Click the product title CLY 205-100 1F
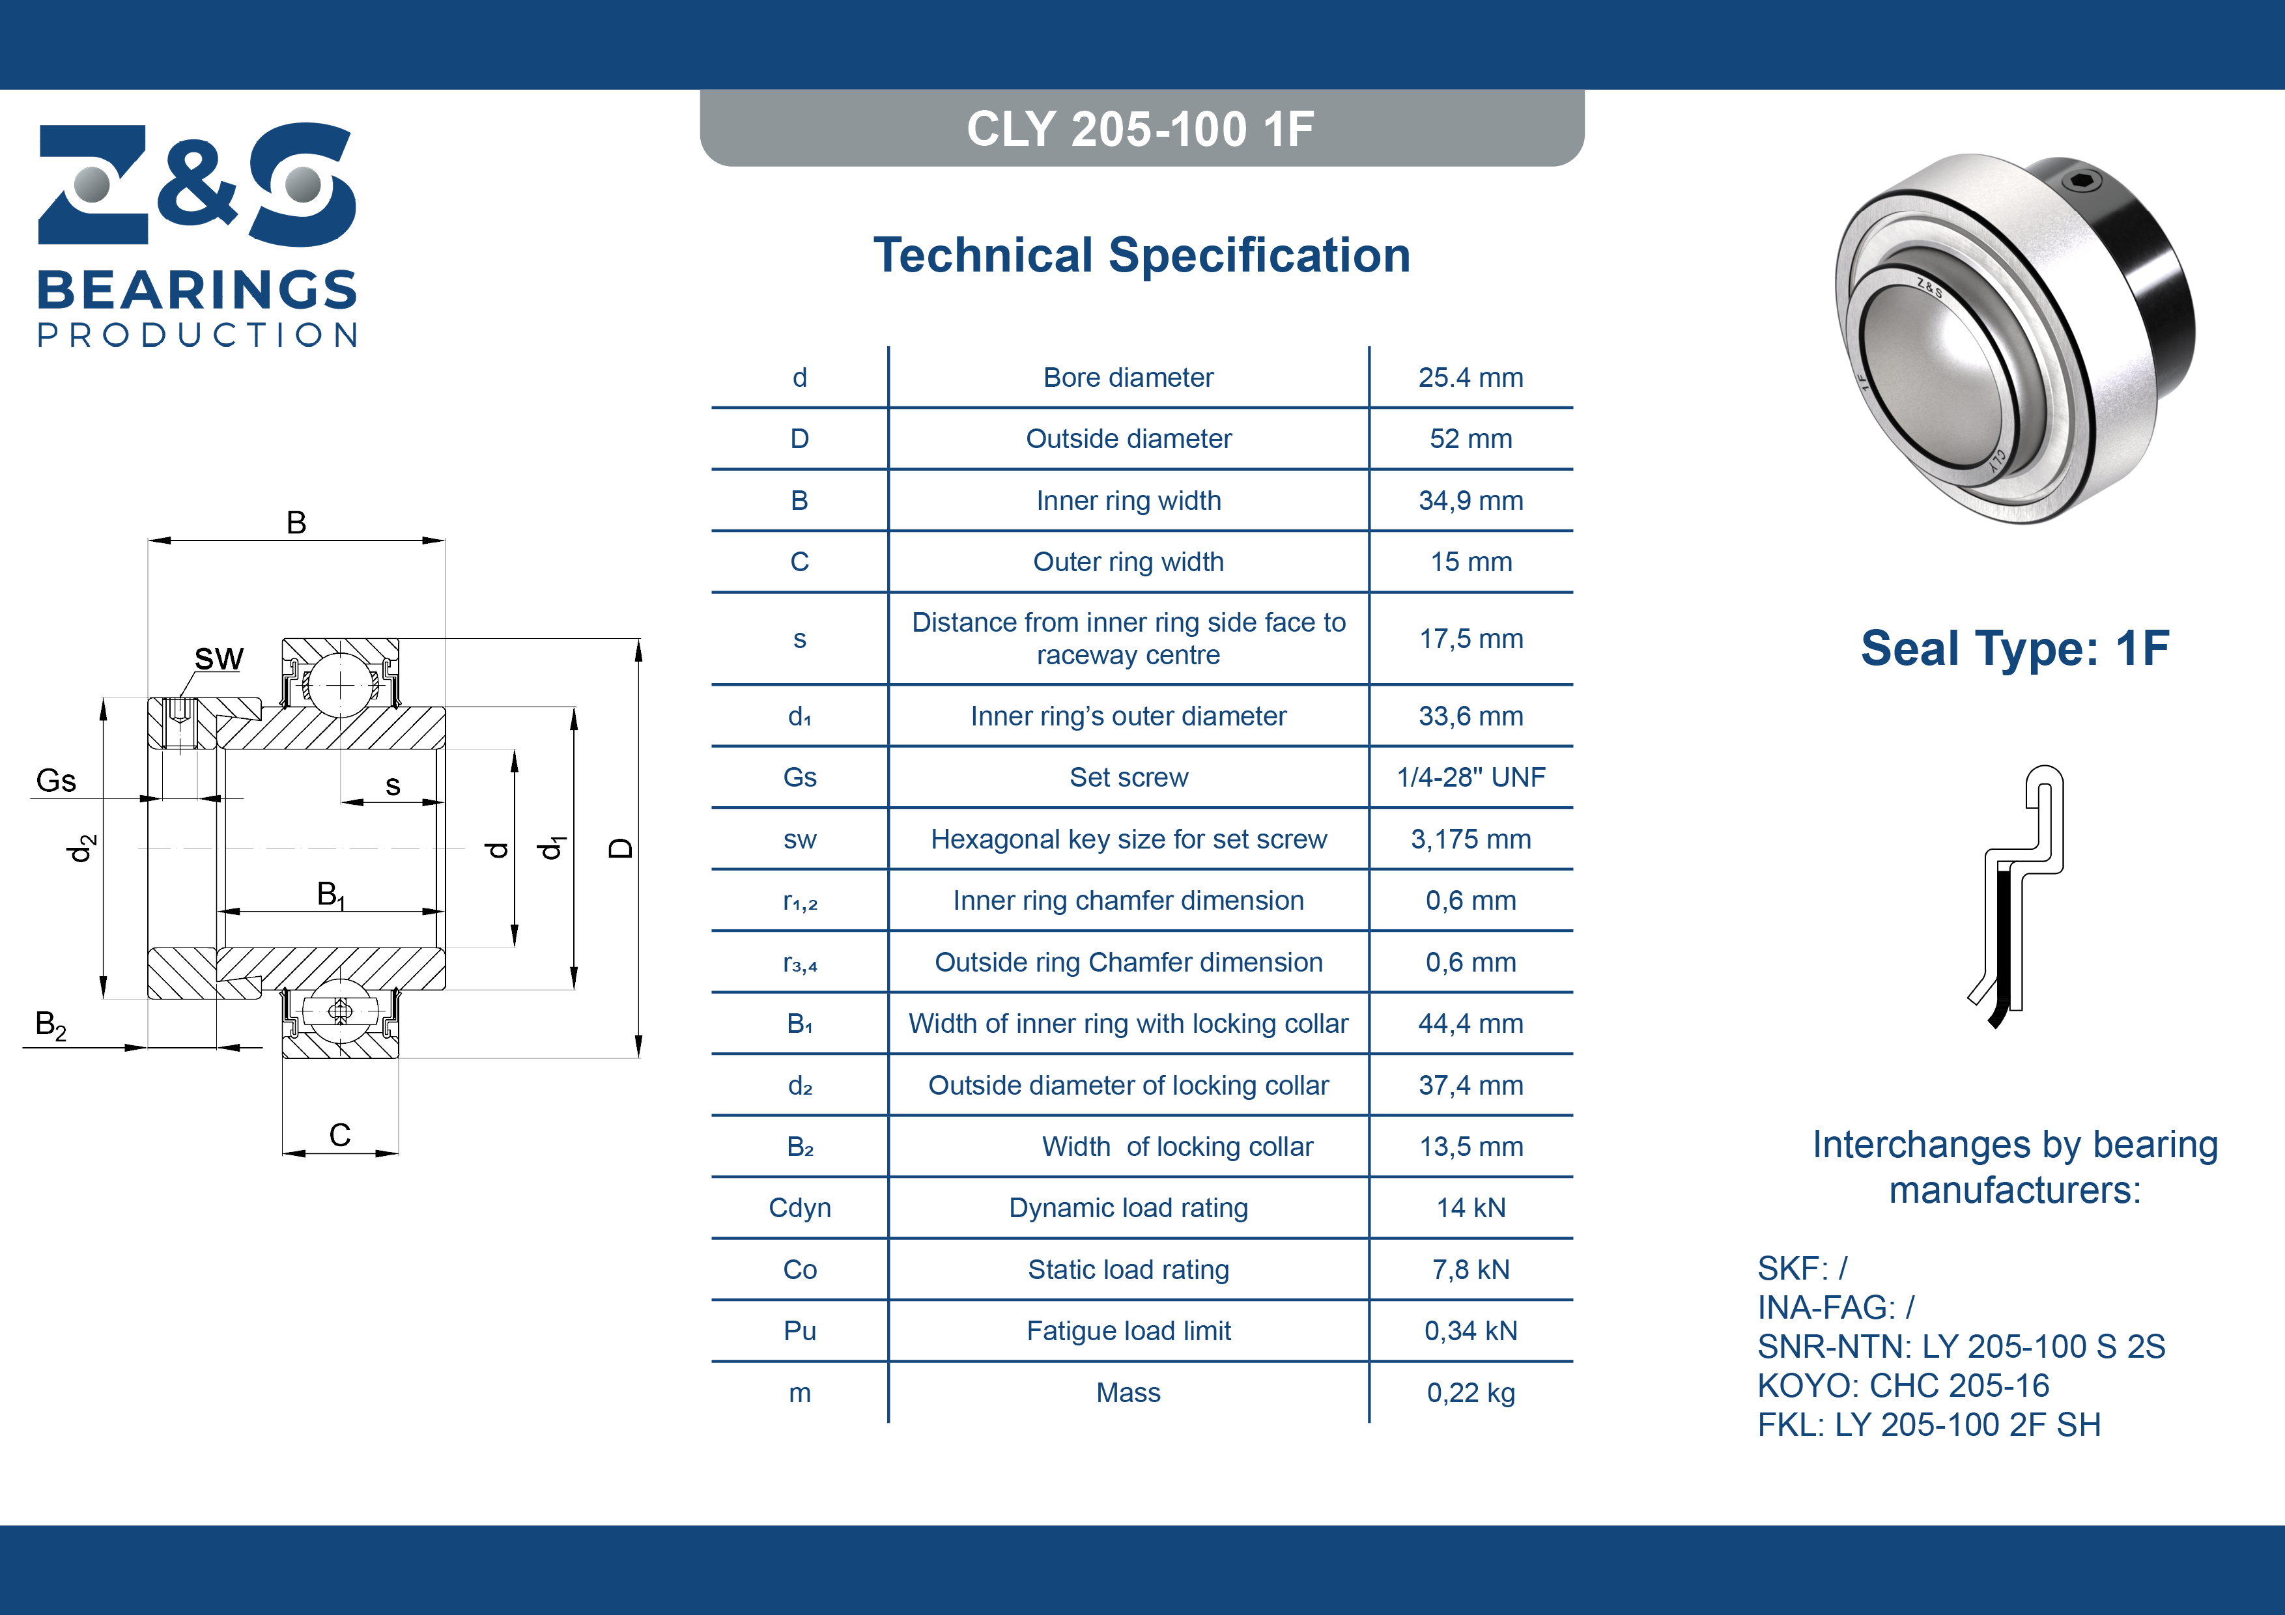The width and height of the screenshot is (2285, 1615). (x=1141, y=130)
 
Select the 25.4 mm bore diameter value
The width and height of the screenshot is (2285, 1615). (x=1470, y=378)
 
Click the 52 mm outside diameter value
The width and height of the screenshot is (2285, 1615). (x=1471, y=439)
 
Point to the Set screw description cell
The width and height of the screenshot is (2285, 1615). (x=1129, y=777)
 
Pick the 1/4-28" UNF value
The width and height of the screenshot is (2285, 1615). (x=1471, y=777)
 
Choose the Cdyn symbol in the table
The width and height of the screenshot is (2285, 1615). (x=799, y=1208)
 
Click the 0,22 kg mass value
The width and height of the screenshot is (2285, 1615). (x=1471, y=1393)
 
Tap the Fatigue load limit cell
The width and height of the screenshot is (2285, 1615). (x=1129, y=1332)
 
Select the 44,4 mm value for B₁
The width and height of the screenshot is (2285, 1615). (x=1471, y=1024)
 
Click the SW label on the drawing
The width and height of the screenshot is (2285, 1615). (x=219, y=659)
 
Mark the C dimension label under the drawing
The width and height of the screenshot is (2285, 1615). (x=339, y=1135)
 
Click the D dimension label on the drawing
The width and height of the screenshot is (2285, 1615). (x=621, y=848)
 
